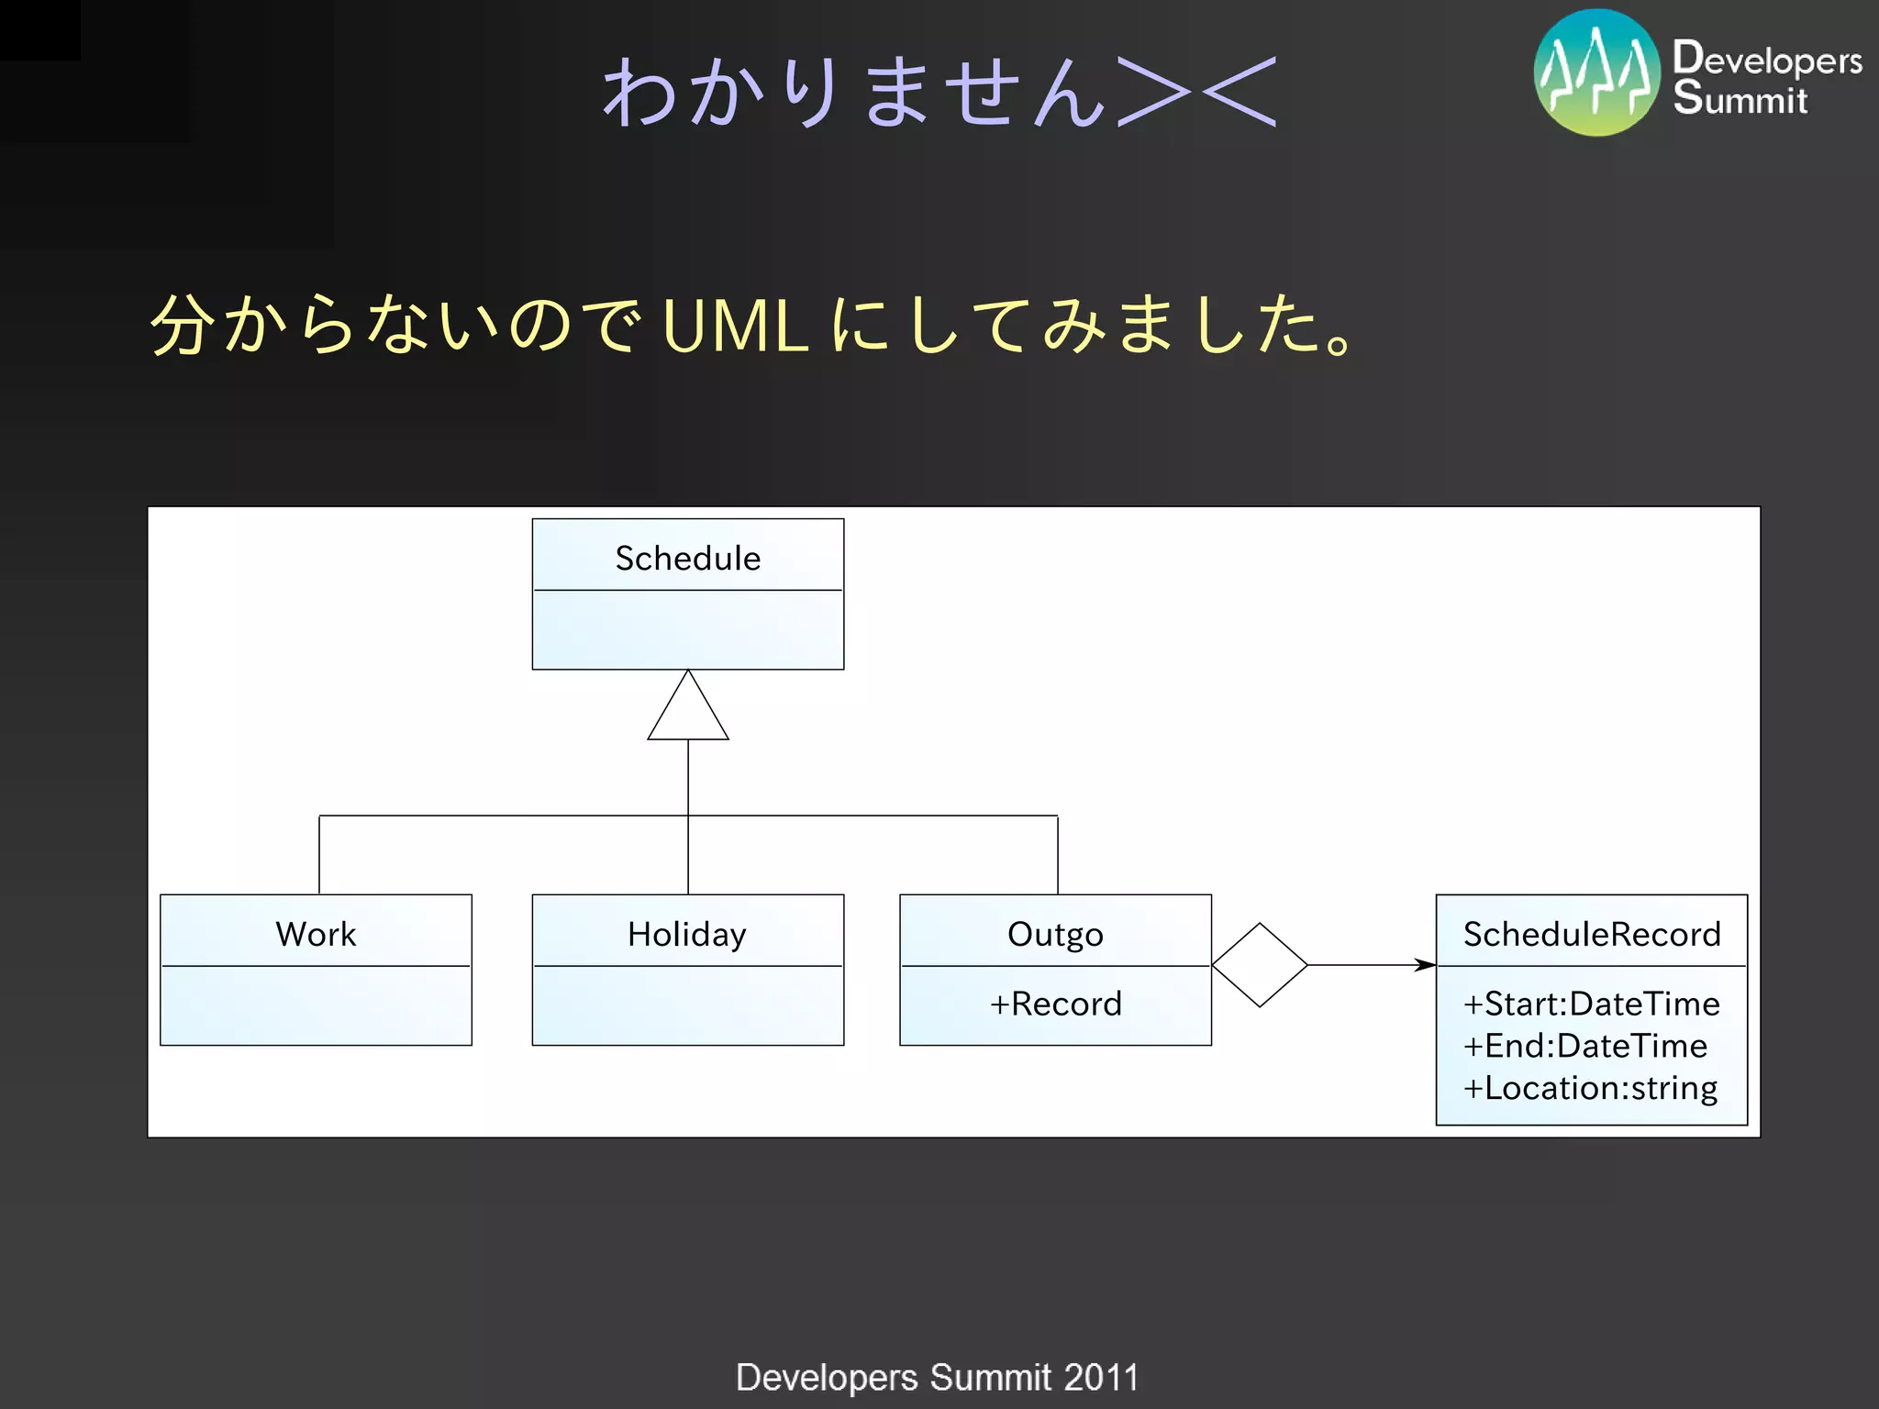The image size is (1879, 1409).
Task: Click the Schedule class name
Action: coord(687,558)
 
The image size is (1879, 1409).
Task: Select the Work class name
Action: coord(316,934)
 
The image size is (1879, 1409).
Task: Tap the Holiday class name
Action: coord(687,934)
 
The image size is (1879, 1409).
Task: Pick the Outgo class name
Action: coord(1055,934)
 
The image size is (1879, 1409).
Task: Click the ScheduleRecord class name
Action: coord(1591,934)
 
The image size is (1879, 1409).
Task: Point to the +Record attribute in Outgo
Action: coord(1055,1004)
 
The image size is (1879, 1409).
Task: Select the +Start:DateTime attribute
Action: coord(1591,1004)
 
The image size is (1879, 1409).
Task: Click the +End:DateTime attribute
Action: coord(1584,1046)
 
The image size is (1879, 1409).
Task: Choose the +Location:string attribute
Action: coord(1590,1088)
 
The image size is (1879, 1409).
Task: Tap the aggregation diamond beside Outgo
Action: coord(1260,965)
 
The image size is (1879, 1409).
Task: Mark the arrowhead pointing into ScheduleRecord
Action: coord(1425,965)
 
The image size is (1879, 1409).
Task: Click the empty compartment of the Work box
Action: coord(316,1005)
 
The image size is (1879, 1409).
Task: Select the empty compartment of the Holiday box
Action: coord(687,1005)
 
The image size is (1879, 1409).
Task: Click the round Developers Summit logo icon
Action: coord(1597,73)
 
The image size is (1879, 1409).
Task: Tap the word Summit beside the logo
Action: coord(1740,99)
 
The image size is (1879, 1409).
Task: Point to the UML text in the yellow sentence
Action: coord(734,327)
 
